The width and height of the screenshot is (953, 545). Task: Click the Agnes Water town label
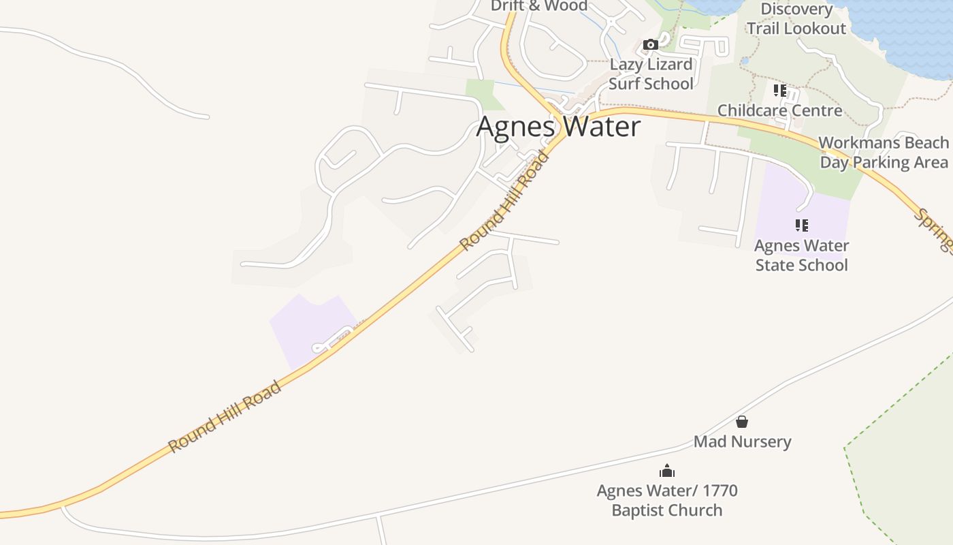[558, 127]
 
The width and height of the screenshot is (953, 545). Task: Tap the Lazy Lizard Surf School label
[651, 74]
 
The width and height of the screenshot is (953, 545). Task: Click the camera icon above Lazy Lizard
[650, 45]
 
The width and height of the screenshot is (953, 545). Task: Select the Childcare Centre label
[779, 110]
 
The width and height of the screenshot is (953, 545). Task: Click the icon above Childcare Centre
[779, 90]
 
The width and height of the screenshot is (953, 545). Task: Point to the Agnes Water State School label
[801, 255]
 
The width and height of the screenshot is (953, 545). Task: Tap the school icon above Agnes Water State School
[801, 225]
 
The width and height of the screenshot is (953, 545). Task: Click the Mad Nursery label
[742, 441]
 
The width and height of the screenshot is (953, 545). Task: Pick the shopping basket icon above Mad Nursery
[742, 422]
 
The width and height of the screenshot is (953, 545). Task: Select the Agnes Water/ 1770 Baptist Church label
[666, 500]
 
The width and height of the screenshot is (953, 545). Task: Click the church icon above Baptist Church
[666, 471]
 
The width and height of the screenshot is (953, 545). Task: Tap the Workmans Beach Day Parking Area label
[883, 153]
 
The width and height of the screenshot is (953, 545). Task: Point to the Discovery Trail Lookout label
[796, 19]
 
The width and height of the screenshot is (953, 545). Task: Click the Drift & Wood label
[538, 6]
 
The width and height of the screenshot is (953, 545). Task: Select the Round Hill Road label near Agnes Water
[504, 202]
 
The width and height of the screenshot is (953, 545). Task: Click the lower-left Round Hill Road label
[225, 417]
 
